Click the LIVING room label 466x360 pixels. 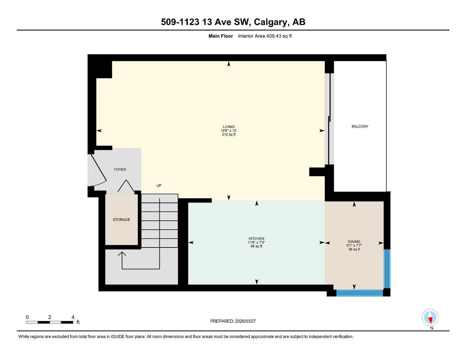tap(228, 127)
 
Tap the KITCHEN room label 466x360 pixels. tap(256, 239)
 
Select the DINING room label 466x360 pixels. tap(354, 242)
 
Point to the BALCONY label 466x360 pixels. tap(360, 126)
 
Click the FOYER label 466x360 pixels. tap(120, 169)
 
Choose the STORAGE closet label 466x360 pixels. tap(121, 220)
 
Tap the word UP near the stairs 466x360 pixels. tap(159, 186)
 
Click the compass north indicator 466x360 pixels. tap(430, 318)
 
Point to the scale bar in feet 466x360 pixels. tap(50, 322)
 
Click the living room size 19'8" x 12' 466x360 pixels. tap(228, 131)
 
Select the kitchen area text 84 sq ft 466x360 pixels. tap(256, 246)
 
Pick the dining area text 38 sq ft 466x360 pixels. tap(354, 249)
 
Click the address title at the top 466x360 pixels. tap(233, 22)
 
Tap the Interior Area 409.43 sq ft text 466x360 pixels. tap(265, 36)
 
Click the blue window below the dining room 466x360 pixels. tap(359, 293)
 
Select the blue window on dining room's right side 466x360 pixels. tap(387, 269)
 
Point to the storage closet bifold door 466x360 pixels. tap(126, 186)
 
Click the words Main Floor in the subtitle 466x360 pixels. tap(221, 36)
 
